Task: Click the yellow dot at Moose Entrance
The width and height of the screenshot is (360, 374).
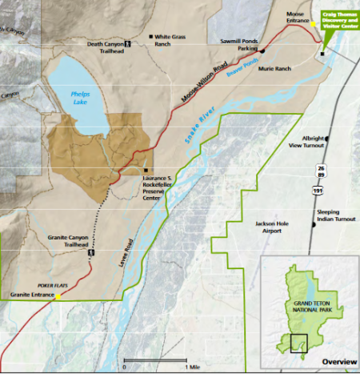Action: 312,23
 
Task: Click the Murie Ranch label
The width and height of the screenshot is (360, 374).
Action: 274,69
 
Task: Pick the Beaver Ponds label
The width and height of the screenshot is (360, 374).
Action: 241,65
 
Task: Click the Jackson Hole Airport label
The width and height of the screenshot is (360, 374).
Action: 270,225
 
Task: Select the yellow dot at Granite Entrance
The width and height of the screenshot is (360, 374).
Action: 58,296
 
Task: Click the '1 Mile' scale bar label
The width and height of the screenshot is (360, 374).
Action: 194,366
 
